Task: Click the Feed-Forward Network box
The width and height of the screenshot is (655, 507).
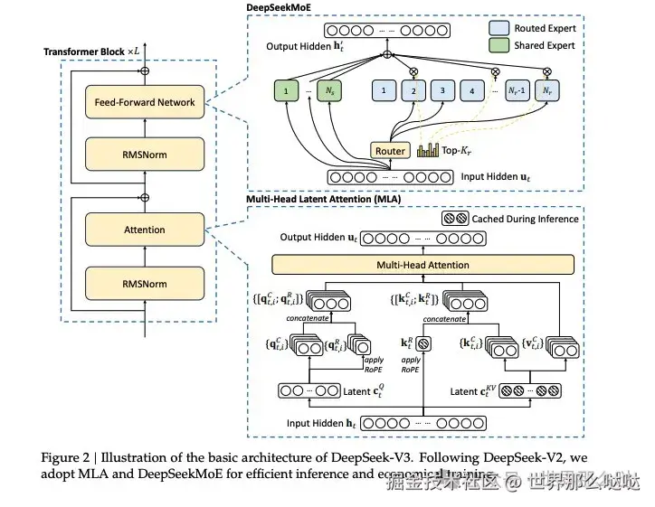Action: [145, 102]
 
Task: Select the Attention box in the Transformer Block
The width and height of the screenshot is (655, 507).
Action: [145, 230]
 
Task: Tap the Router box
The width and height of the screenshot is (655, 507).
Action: [391, 150]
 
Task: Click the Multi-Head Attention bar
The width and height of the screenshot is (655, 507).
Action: [422, 265]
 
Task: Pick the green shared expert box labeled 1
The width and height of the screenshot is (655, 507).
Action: [287, 91]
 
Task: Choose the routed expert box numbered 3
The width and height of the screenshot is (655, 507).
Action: [441, 91]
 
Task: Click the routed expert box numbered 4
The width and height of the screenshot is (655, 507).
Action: [470, 91]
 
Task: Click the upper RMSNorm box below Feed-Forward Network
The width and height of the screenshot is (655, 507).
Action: [145, 155]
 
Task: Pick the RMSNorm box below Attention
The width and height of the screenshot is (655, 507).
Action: [145, 283]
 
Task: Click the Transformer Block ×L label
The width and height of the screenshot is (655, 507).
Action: [91, 51]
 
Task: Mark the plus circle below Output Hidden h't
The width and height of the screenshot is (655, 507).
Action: [387, 56]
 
